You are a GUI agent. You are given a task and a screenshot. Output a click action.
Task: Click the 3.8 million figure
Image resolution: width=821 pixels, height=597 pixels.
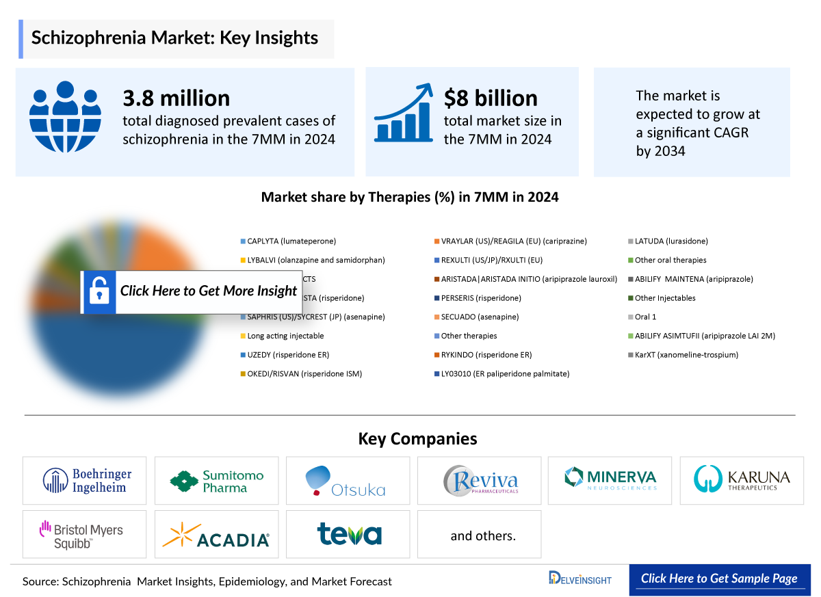[176, 98]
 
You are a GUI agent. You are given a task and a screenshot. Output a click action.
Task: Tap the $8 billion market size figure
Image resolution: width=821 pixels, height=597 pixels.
[490, 98]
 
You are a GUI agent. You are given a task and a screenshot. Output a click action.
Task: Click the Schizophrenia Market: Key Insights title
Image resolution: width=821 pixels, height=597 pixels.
[175, 38]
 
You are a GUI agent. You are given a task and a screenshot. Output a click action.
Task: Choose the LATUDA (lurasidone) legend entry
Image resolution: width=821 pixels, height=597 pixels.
[671, 241]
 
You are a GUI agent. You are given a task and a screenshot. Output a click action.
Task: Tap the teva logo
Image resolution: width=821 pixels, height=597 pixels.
[348, 534]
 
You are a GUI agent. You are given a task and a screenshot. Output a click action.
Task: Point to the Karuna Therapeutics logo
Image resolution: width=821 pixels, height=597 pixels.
[742, 479]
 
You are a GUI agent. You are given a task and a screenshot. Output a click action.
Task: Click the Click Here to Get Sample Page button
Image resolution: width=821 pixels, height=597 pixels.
[719, 579]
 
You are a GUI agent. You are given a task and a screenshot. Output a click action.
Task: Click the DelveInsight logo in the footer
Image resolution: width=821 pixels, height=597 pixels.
[580, 579]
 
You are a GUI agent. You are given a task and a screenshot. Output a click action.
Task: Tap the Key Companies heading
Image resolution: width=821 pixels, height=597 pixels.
[417, 439]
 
